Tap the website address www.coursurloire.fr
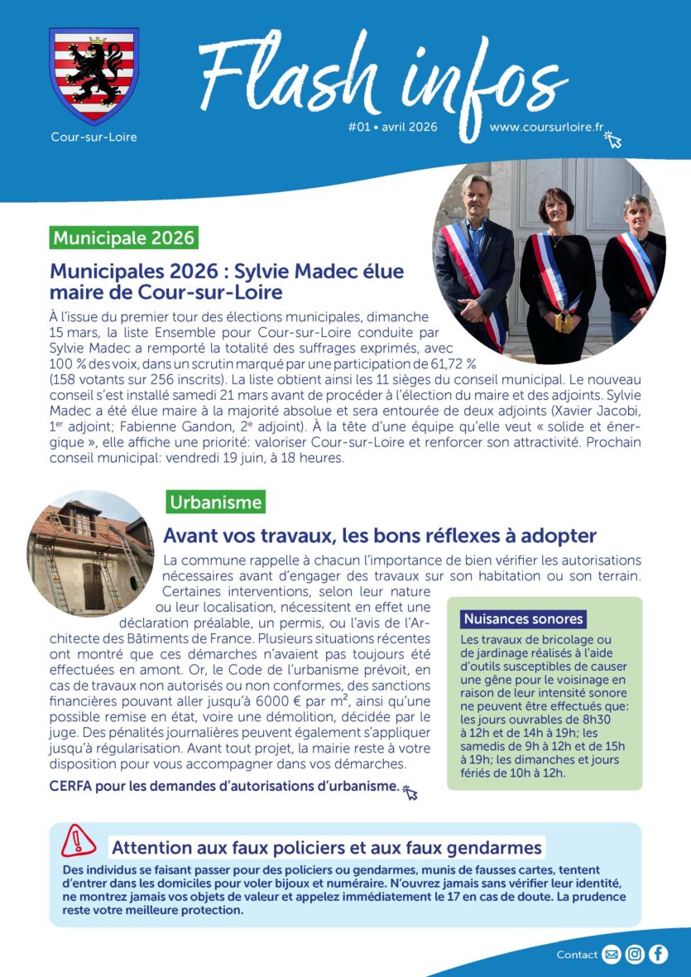(x=545, y=128)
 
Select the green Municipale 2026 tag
(x=124, y=238)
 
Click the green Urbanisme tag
(x=215, y=502)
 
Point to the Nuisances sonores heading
(x=523, y=618)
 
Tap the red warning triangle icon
(x=79, y=841)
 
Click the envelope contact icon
(x=612, y=955)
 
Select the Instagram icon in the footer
(x=635, y=955)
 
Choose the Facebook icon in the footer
(x=658, y=955)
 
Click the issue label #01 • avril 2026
(x=392, y=128)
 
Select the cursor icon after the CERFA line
(x=410, y=793)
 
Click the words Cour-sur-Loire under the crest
(x=94, y=137)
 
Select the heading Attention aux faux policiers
(x=326, y=848)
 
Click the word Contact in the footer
(x=577, y=955)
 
